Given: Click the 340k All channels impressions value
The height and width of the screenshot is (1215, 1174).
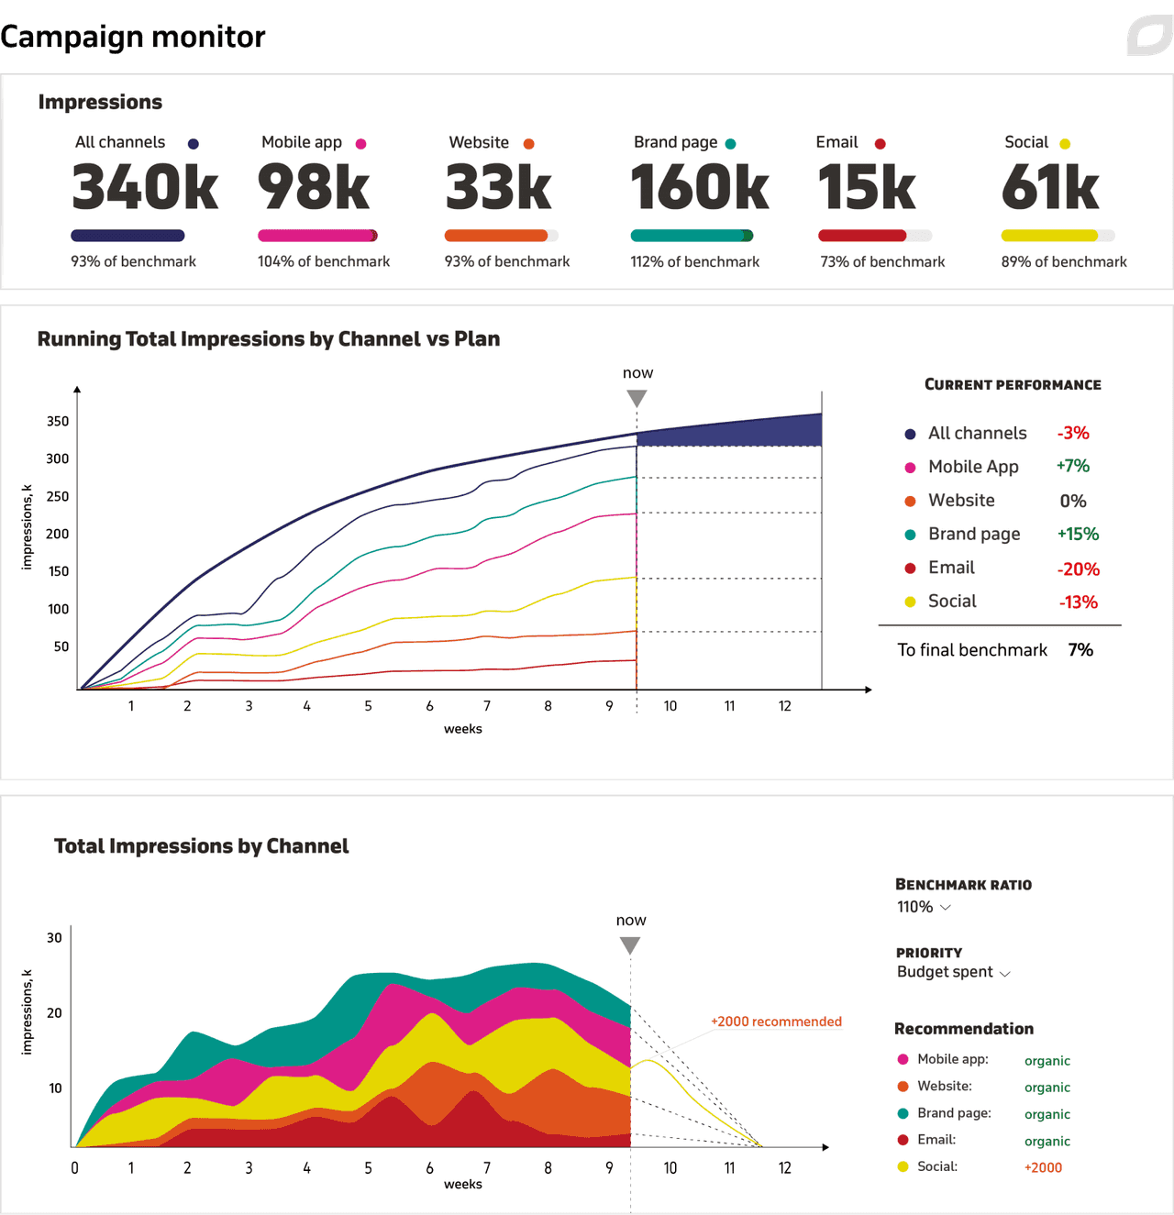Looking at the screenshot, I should point(145,187).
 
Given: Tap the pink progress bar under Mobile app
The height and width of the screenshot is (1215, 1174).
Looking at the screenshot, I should point(317,236).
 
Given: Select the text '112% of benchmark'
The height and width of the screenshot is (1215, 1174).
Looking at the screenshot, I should point(694,262).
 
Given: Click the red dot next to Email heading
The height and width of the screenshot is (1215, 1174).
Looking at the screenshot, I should point(880,144).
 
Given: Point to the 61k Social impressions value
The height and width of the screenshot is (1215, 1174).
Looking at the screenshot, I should point(1050,187).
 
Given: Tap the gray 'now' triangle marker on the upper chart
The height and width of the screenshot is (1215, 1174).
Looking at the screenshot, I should point(637,398).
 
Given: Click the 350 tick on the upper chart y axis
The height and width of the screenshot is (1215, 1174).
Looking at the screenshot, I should point(58,422).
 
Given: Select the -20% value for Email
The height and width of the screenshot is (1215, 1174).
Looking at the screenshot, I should point(1078,569).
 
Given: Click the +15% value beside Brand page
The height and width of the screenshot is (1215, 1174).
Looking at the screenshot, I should point(1078,535).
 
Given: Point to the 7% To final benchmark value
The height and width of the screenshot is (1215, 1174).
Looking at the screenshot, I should point(1080,650).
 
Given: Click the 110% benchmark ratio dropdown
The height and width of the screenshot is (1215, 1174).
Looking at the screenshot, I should point(924,907).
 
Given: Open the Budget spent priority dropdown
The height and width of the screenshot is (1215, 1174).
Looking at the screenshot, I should point(953,972).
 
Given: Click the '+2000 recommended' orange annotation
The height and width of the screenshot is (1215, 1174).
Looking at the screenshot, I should point(776,1022).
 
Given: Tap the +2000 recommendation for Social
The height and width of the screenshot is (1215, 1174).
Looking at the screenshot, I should point(1043,1167).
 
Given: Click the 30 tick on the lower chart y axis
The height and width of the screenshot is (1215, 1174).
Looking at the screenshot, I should point(55,938).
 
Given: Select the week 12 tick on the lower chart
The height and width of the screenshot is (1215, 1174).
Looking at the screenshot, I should point(785,1168).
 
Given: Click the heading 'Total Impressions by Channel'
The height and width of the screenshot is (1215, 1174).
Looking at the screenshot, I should point(202,846).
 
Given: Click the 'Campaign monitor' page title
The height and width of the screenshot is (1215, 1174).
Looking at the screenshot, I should point(133,37).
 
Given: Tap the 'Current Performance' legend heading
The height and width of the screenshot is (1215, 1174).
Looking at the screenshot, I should point(1013,385).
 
